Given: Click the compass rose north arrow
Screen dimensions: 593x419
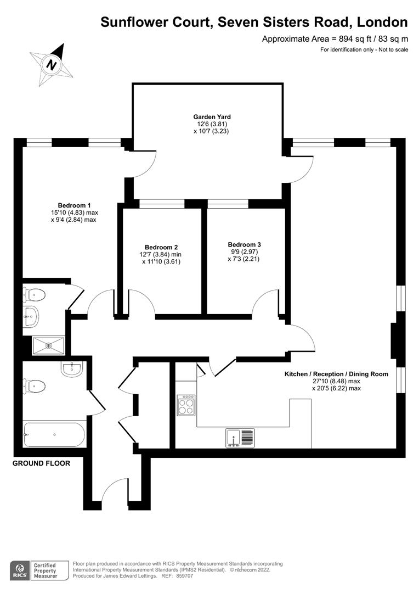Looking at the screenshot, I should pos(52,64).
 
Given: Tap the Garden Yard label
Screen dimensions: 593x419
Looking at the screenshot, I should pos(212,117).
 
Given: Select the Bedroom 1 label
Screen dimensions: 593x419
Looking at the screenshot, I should pos(74,206).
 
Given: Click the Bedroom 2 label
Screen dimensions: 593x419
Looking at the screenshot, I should pos(161,247).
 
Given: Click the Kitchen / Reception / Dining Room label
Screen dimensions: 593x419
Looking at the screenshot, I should pos(336,374).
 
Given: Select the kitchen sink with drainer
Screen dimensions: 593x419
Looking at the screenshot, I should pos(240,437).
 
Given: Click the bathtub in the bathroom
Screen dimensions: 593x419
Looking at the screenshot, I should pos(54,435).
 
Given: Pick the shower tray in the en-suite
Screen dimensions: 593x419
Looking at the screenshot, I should pos(48,345).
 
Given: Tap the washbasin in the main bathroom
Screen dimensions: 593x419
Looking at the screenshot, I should pos(71,370).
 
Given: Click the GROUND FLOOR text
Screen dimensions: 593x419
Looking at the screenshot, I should pos(42,463).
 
